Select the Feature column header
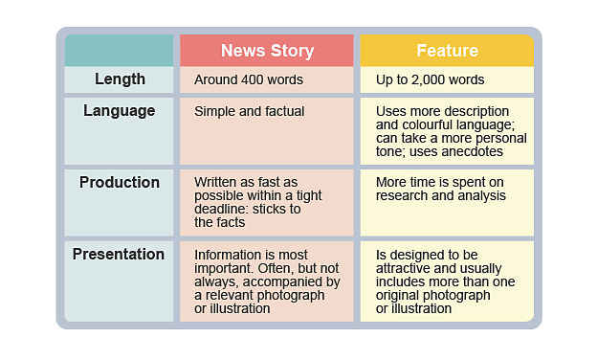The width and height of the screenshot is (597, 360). coord(447,51)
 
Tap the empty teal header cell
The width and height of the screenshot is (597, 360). coord(120,51)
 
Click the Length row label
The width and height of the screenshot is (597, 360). coord(120,79)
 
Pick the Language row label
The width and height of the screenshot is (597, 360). coord(120,111)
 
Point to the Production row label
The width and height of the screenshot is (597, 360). coord(120,183)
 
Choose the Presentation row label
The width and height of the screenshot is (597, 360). coord(120,255)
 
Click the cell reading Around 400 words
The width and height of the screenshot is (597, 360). coord(249,80)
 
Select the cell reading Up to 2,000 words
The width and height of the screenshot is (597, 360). coord(430,80)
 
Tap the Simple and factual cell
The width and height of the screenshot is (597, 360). coord(249,112)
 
